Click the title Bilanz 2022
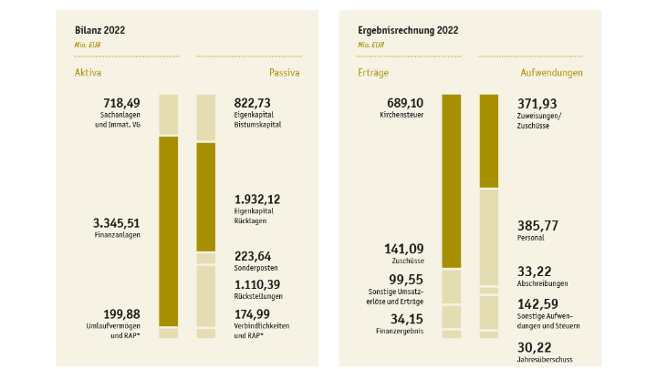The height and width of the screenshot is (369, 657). pyautogui.click(x=99, y=30)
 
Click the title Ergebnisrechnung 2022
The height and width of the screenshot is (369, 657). pyautogui.click(x=409, y=30)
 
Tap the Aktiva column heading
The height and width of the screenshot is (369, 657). pyautogui.click(x=88, y=72)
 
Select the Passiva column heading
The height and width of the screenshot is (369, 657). pyautogui.click(x=285, y=72)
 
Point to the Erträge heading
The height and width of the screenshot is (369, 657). pyautogui.click(x=373, y=72)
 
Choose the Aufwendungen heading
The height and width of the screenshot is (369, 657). pyautogui.click(x=551, y=72)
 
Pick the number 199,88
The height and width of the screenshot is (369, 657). pyautogui.click(x=119, y=313)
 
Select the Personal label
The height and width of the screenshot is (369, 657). pyautogui.click(x=530, y=238)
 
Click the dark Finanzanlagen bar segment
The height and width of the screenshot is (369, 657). pyautogui.click(x=169, y=231)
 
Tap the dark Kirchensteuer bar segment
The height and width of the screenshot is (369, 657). pyautogui.click(x=452, y=180)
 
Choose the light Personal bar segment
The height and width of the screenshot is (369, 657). pyautogui.click(x=489, y=237)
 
